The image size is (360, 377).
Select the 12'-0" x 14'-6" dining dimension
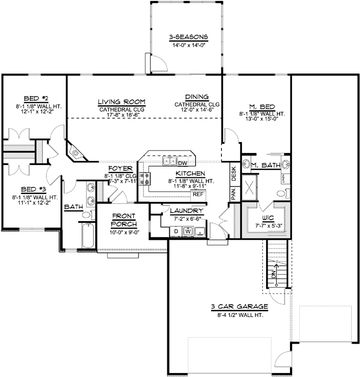point(197,110)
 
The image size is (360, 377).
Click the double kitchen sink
point(169,161)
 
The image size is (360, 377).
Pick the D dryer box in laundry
point(175,231)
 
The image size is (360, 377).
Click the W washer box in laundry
point(188,231)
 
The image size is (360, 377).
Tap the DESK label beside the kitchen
point(233,174)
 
